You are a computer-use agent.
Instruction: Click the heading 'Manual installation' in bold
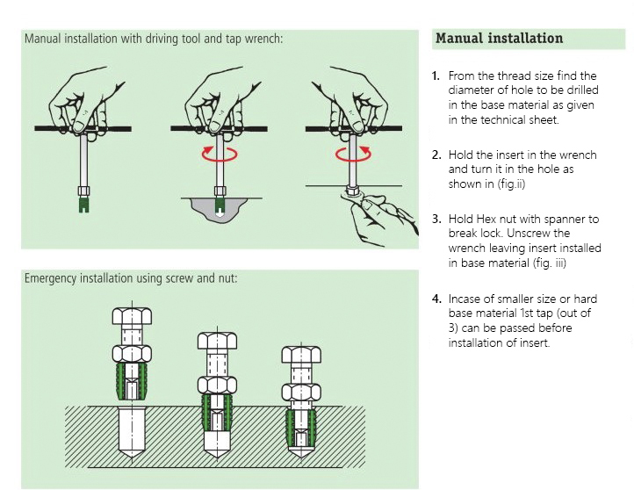coord(499,39)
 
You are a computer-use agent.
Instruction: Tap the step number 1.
coord(436,76)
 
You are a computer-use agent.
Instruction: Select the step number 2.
coord(436,155)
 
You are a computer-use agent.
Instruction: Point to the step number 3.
coord(436,219)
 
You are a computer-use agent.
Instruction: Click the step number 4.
coord(436,299)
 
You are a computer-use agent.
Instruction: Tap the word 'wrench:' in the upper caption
coord(260,39)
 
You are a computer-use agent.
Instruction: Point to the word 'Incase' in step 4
coord(466,299)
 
